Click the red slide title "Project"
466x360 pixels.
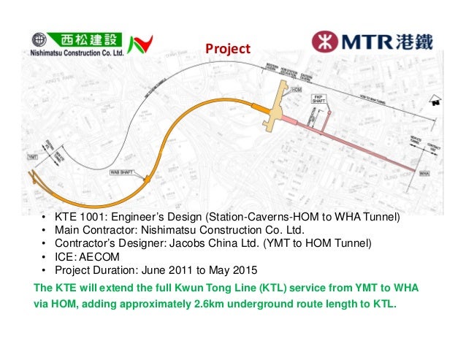coord(227,50)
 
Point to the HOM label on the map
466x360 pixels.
coord(296,90)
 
